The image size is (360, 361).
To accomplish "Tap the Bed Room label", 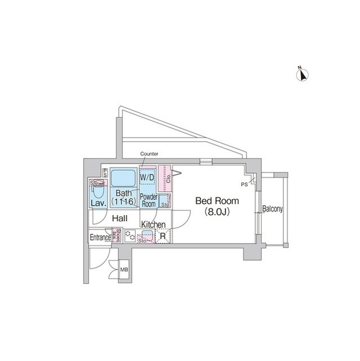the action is [x=217, y=201].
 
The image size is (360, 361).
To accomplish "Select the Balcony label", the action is [x=273, y=209].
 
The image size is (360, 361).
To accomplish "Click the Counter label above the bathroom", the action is [x=149, y=154].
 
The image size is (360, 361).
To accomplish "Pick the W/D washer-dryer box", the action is [x=147, y=178].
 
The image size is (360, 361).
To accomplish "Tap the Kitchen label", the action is [x=153, y=224].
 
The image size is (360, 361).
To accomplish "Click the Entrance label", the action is [x=100, y=237].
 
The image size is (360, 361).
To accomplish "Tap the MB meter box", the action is [x=124, y=270].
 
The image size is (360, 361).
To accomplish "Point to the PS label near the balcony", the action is [x=244, y=184].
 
